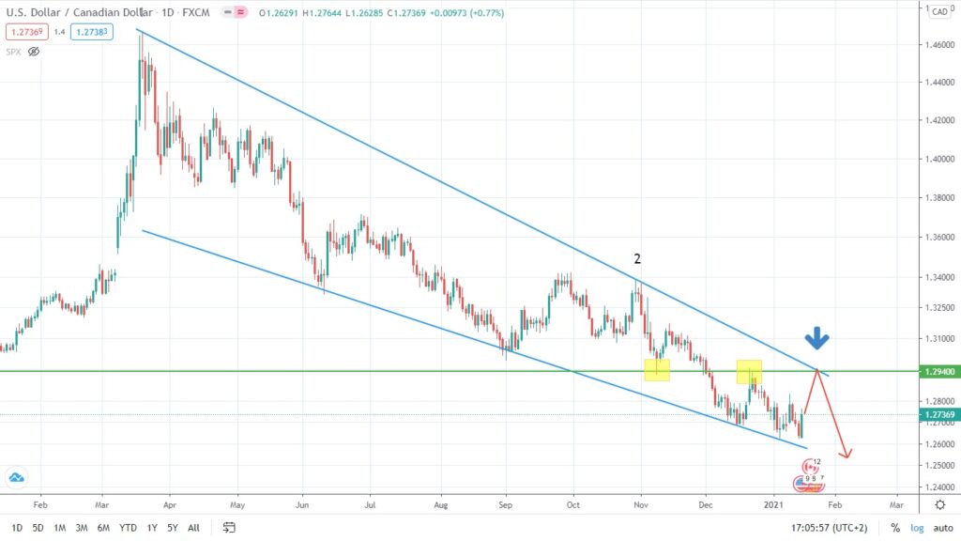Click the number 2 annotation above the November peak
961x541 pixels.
638,259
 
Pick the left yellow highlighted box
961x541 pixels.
656,370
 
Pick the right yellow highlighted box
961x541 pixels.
749,372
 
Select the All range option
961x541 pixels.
193,528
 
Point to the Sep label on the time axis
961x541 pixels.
505,503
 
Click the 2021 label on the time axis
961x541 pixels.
774,503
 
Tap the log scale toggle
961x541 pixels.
916,528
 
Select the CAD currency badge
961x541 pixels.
938,11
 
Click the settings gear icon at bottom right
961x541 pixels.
939,503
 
